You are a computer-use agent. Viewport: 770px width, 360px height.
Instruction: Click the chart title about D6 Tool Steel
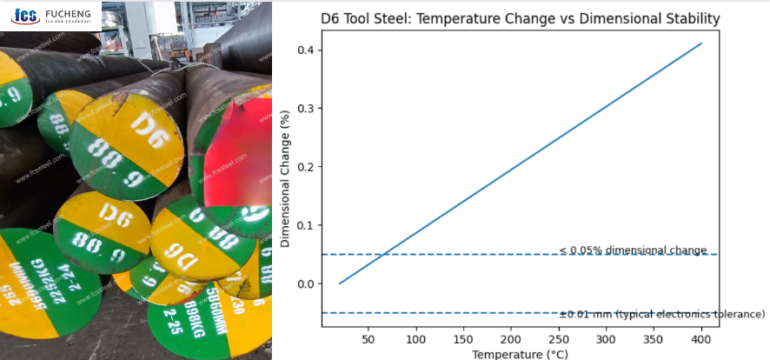(x=520, y=18)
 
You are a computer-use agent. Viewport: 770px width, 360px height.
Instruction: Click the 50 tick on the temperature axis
(x=368, y=338)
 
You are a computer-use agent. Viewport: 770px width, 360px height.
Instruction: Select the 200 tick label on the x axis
(x=511, y=338)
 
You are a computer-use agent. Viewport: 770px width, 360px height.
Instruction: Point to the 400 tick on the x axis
(x=701, y=338)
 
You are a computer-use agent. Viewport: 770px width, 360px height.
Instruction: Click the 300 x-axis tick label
(x=606, y=338)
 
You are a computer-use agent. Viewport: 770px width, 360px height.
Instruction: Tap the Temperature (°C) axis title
(x=520, y=354)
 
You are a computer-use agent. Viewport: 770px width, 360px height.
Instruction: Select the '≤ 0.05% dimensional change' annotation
(x=633, y=250)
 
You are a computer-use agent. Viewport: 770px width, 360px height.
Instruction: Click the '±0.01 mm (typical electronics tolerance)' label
(x=662, y=313)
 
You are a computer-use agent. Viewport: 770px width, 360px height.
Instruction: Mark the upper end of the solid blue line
(x=700, y=43)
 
